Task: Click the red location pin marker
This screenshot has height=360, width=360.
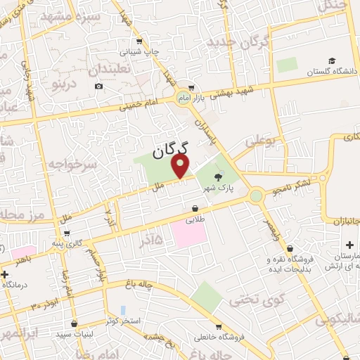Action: coord(181,166)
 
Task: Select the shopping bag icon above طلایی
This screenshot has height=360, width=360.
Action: coord(195,208)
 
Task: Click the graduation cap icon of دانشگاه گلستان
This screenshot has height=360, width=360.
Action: coord(332,60)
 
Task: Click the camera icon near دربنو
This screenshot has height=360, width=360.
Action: coord(98,86)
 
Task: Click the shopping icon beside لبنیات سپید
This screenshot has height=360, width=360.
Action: coord(76,326)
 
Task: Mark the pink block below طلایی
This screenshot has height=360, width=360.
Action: coord(188,234)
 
